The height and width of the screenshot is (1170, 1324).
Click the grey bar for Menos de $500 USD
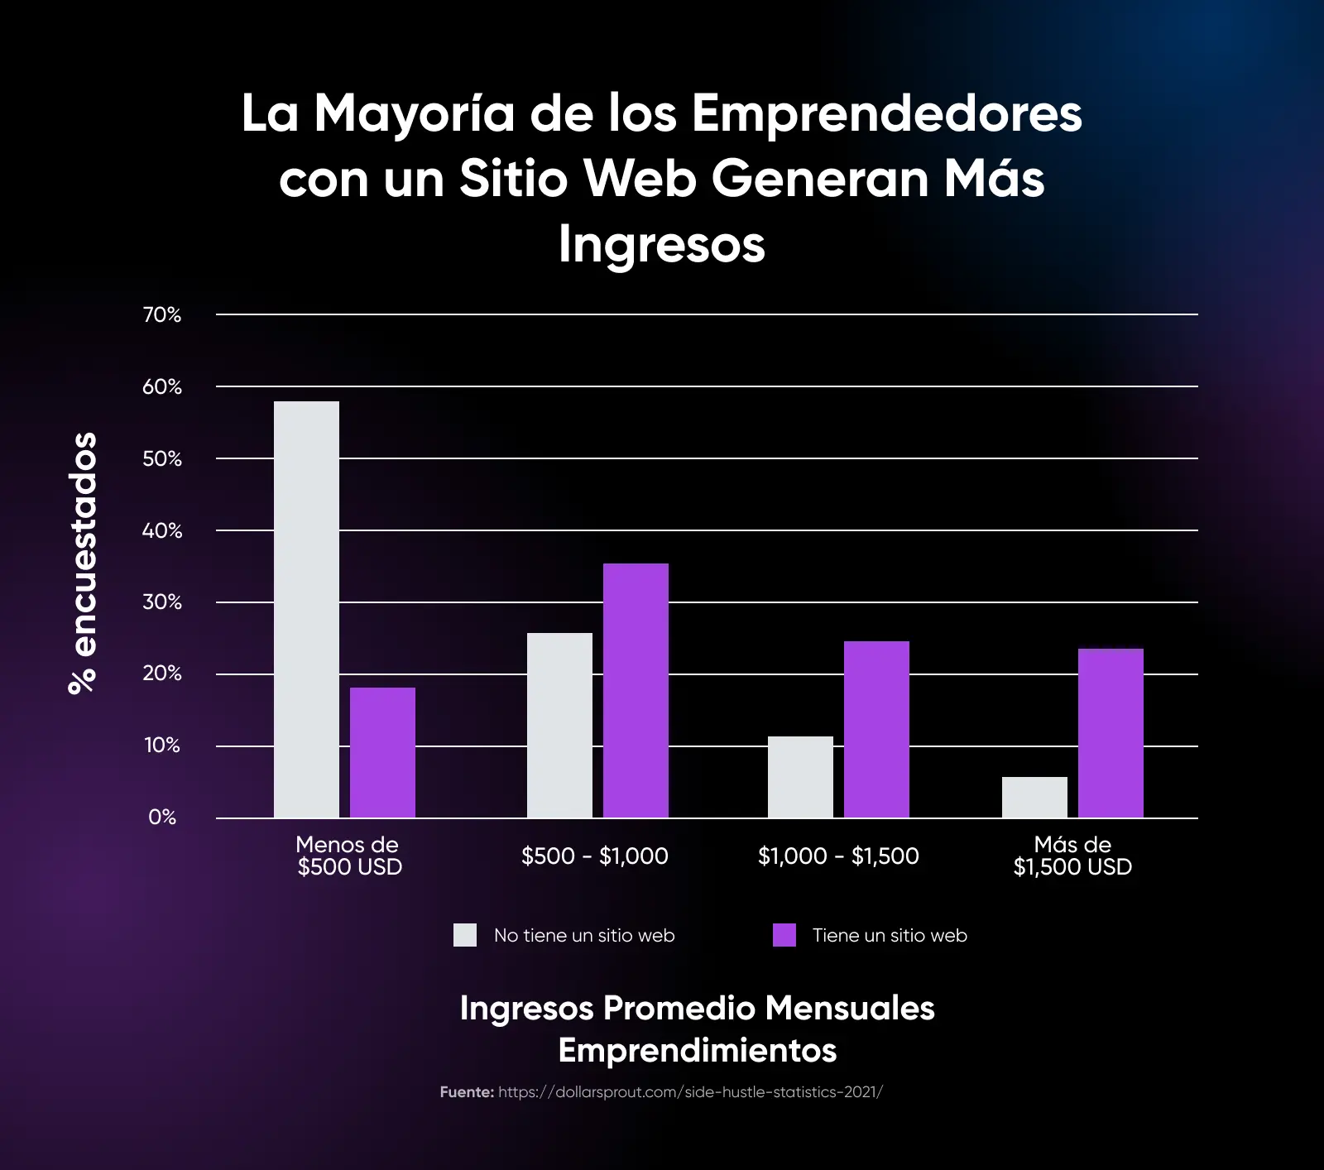(x=306, y=610)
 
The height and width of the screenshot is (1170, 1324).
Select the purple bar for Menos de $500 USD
(x=382, y=752)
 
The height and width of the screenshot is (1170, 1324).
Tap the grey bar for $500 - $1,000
(x=559, y=726)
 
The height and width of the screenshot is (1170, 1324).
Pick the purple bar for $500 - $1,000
(x=636, y=690)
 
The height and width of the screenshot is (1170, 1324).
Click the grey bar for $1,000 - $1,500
(x=800, y=777)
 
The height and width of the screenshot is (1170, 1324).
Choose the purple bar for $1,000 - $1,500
(x=876, y=729)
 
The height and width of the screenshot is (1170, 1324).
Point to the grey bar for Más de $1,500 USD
(x=1034, y=797)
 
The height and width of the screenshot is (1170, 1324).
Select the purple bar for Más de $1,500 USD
(x=1111, y=733)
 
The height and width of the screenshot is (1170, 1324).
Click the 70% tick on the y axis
(x=162, y=314)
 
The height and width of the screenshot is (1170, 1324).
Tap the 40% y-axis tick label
(x=162, y=530)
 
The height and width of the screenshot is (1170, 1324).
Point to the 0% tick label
(x=162, y=818)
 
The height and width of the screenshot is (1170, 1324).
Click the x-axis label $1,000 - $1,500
(x=838, y=856)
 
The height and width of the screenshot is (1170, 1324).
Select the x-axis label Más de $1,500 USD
(x=1072, y=856)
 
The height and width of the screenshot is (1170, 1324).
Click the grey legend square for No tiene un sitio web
(x=465, y=935)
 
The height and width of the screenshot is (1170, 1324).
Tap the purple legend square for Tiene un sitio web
(x=784, y=935)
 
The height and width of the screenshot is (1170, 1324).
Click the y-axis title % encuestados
(x=83, y=563)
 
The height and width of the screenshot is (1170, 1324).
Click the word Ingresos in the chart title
(x=662, y=244)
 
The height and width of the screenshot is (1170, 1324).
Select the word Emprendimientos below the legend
(x=697, y=1050)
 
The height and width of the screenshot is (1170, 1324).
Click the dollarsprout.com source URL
(x=690, y=1092)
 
